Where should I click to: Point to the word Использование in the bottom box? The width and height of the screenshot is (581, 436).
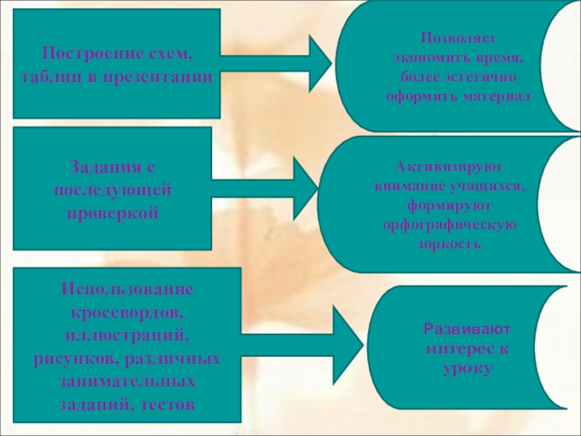pyautogui.click(x=127, y=288)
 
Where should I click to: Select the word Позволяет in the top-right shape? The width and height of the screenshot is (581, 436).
pyautogui.click(x=458, y=37)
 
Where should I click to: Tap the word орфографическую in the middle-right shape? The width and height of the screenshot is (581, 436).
pyautogui.click(x=450, y=224)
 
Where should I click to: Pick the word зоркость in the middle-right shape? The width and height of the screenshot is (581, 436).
pyautogui.click(x=449, y=244)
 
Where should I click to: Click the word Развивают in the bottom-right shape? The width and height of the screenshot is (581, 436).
pyautogui.click(x=458, y=328)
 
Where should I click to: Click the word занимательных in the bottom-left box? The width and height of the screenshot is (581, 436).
pyautogui.click(x=127, y=381)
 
